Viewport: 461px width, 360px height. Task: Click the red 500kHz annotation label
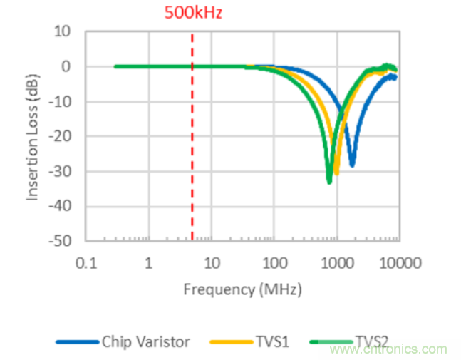(x=194, y=13)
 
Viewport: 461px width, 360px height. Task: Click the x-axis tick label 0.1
(x=86, y=263)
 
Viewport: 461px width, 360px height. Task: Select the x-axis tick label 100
(x=274, y=263)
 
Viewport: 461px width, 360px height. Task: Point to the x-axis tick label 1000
(x=336, y=263)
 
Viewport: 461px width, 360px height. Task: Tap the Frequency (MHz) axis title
(x=242, y=289)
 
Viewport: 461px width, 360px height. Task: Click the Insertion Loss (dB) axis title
(x=33, y=136)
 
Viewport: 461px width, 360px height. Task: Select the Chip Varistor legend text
(x=145, y=342)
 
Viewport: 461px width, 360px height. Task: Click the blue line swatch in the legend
(x=77, y=343)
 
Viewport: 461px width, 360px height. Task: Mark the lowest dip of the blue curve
(x=351, y=165)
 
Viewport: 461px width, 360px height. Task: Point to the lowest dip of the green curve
(x=329, y=182)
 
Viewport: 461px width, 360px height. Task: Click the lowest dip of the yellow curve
(x=336, y=173)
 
